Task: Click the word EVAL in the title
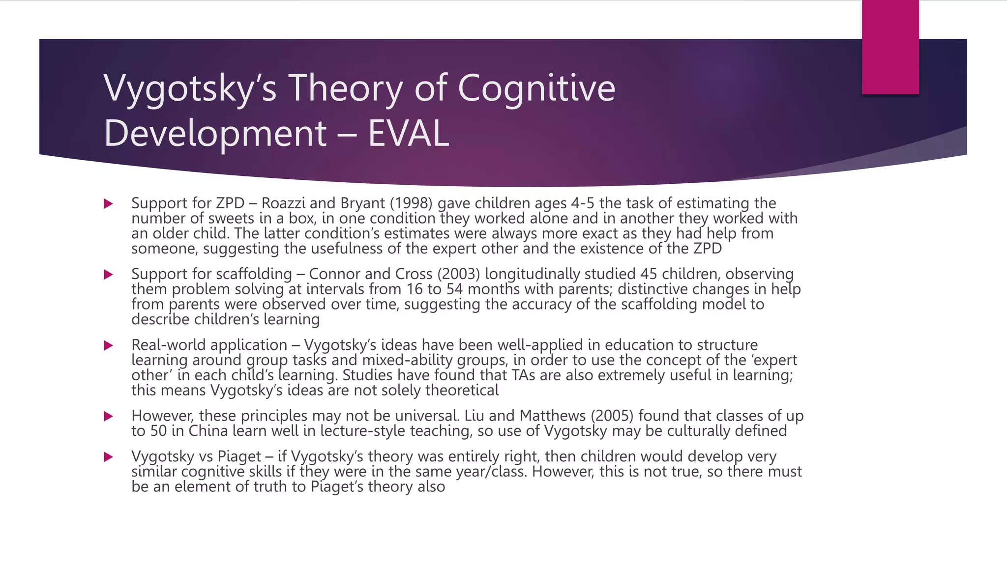[409, 133]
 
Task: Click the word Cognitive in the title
[536, 88]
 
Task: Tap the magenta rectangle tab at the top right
[890, 47]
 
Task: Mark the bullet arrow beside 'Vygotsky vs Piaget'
[109, 457]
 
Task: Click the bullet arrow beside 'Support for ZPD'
[109, 203]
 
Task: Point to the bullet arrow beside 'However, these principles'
[109, 416]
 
